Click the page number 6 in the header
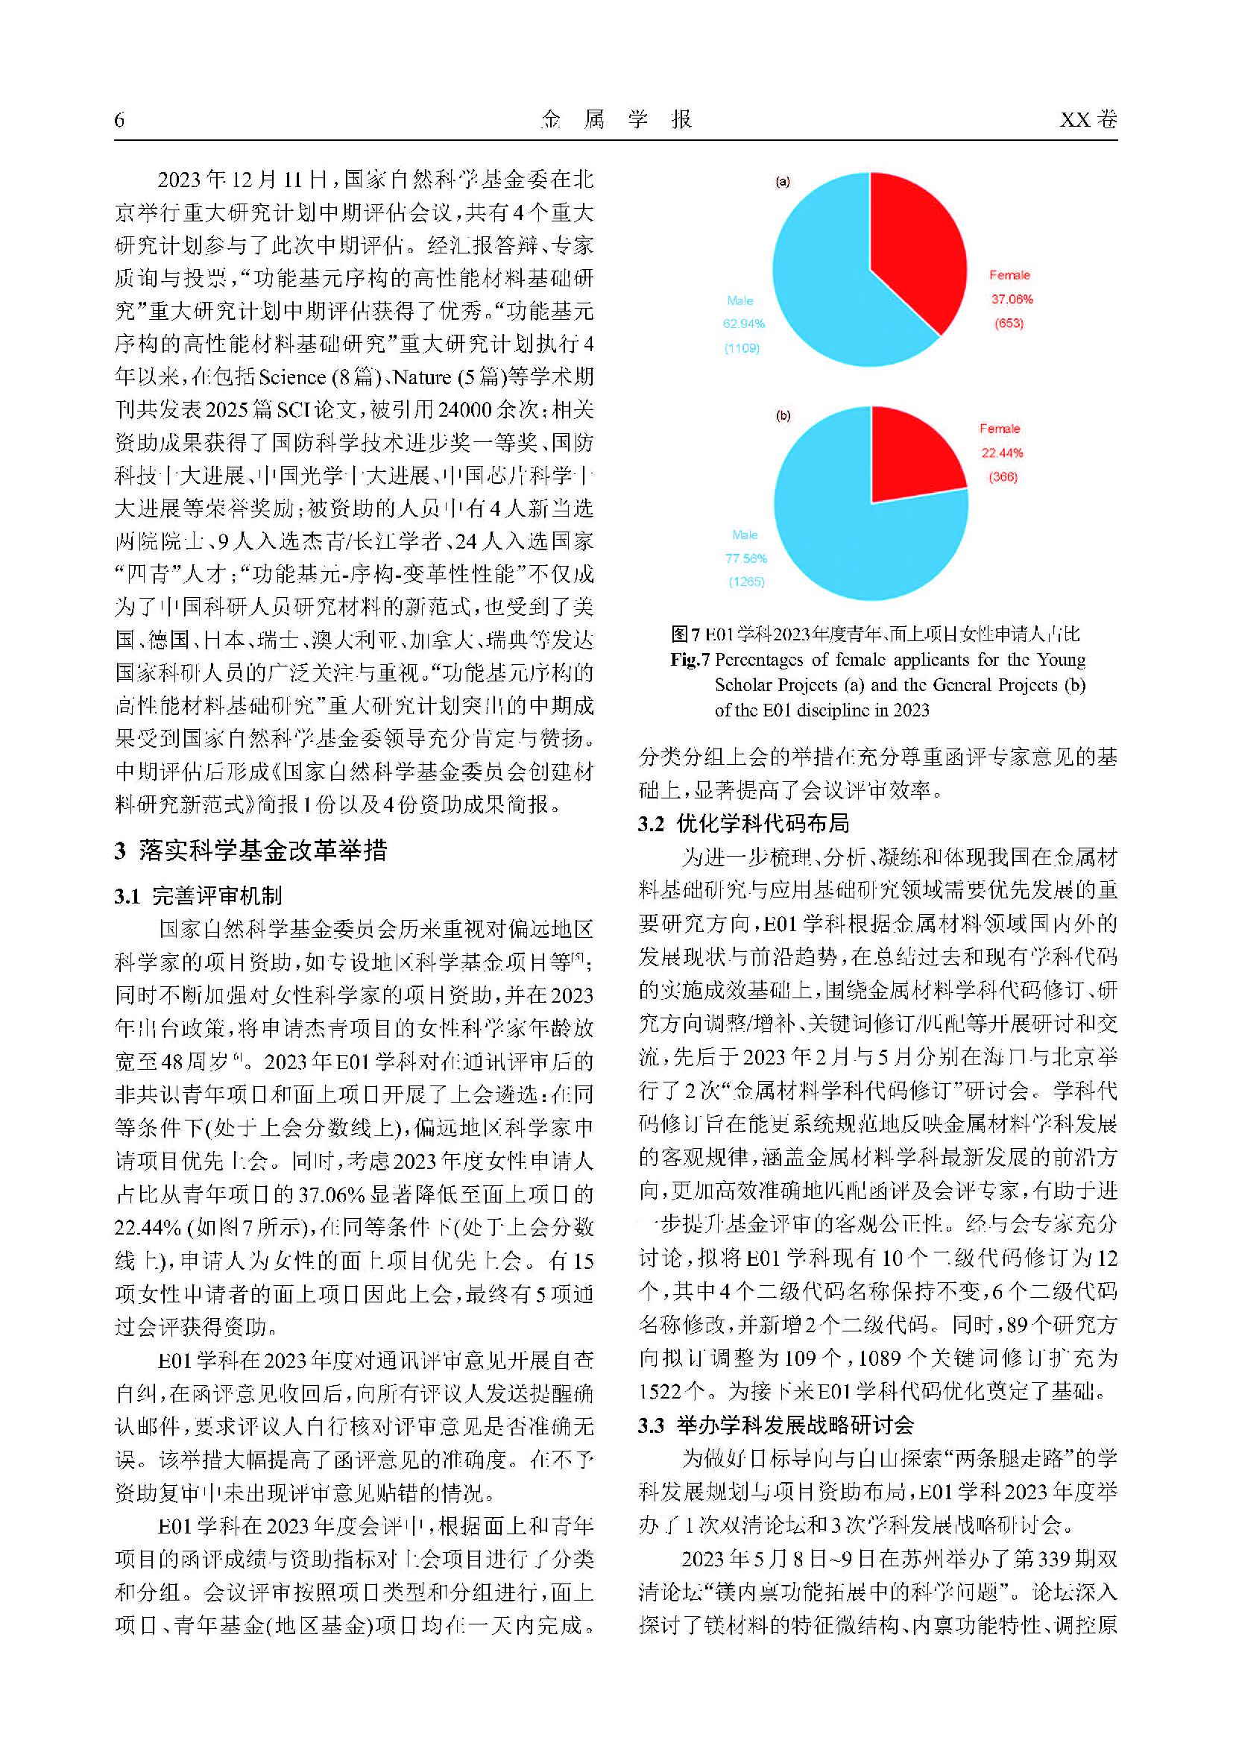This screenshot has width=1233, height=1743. [x=119, y=120]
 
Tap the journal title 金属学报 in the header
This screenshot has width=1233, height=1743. [x=616, y=119]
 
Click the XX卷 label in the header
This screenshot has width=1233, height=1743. [x=1088, y=119]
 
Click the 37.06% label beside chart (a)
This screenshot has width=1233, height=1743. [x=1012, y=299]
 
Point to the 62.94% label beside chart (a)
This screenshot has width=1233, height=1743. [x=743, y=324]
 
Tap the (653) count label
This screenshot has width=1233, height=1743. [x=1009, y=324]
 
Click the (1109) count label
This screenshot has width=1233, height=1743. [x=742, y=348]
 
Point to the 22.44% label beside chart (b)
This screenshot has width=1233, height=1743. [x=1001, y=453]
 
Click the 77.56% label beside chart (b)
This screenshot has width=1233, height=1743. [x=745, y=558]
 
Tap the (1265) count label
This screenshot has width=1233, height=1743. [x=745, y=582]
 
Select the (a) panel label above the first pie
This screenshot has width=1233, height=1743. [x=782, y=181]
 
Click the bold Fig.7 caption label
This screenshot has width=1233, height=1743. [x=690, y=660]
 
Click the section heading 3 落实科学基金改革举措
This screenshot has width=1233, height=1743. [x=250, y=850]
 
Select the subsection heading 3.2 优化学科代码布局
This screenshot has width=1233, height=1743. [x=743, y=824]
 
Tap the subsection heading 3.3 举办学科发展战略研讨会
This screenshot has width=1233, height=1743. [x=775, y=1425]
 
